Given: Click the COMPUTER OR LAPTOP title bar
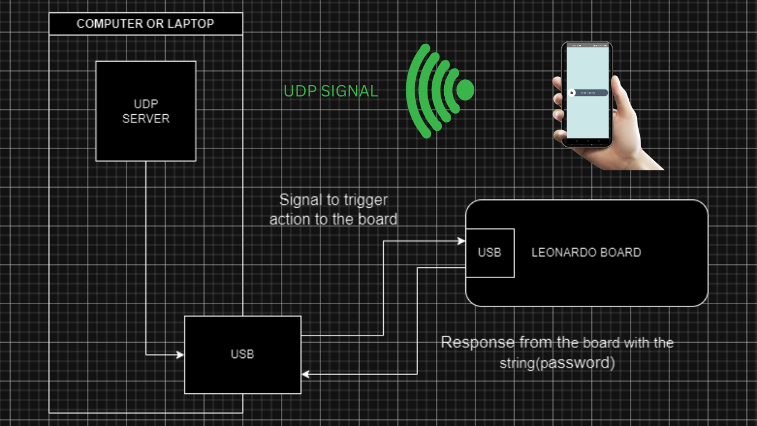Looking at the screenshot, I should pyautogui.click(x=145, y=24).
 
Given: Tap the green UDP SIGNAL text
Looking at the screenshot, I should pyautogui.click(x=331, y=91).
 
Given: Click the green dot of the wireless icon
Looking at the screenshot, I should pyautogui.click(x=465, y=89).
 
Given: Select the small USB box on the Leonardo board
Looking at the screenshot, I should pyautogui.click(x=490, y=253).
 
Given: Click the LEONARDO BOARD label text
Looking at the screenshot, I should pyautogui.click(x=586, y=253).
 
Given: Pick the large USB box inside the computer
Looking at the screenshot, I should pyautogui.click(x=242, y=354).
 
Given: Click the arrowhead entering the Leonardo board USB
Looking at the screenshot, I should pyautogui.click(x=461, y=241).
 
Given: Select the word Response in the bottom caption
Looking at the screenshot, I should pyautogui.click(x=477, y=343).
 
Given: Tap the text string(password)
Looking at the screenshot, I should pyautogui.click(x=557, y=362).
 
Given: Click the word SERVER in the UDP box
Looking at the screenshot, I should pyautogui.click(x=146, y=118).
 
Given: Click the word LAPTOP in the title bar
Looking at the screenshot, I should pyautogui.click(x=192, y=24).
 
